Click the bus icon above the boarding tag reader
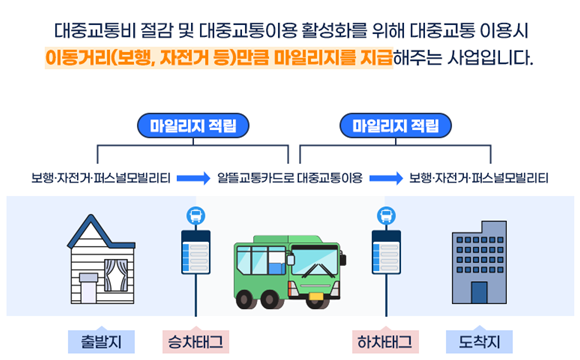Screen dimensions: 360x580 (x=193, y=214)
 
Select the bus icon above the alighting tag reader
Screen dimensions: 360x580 (x=386, y=214)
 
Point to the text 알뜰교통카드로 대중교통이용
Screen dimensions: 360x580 (x=290, y=180)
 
